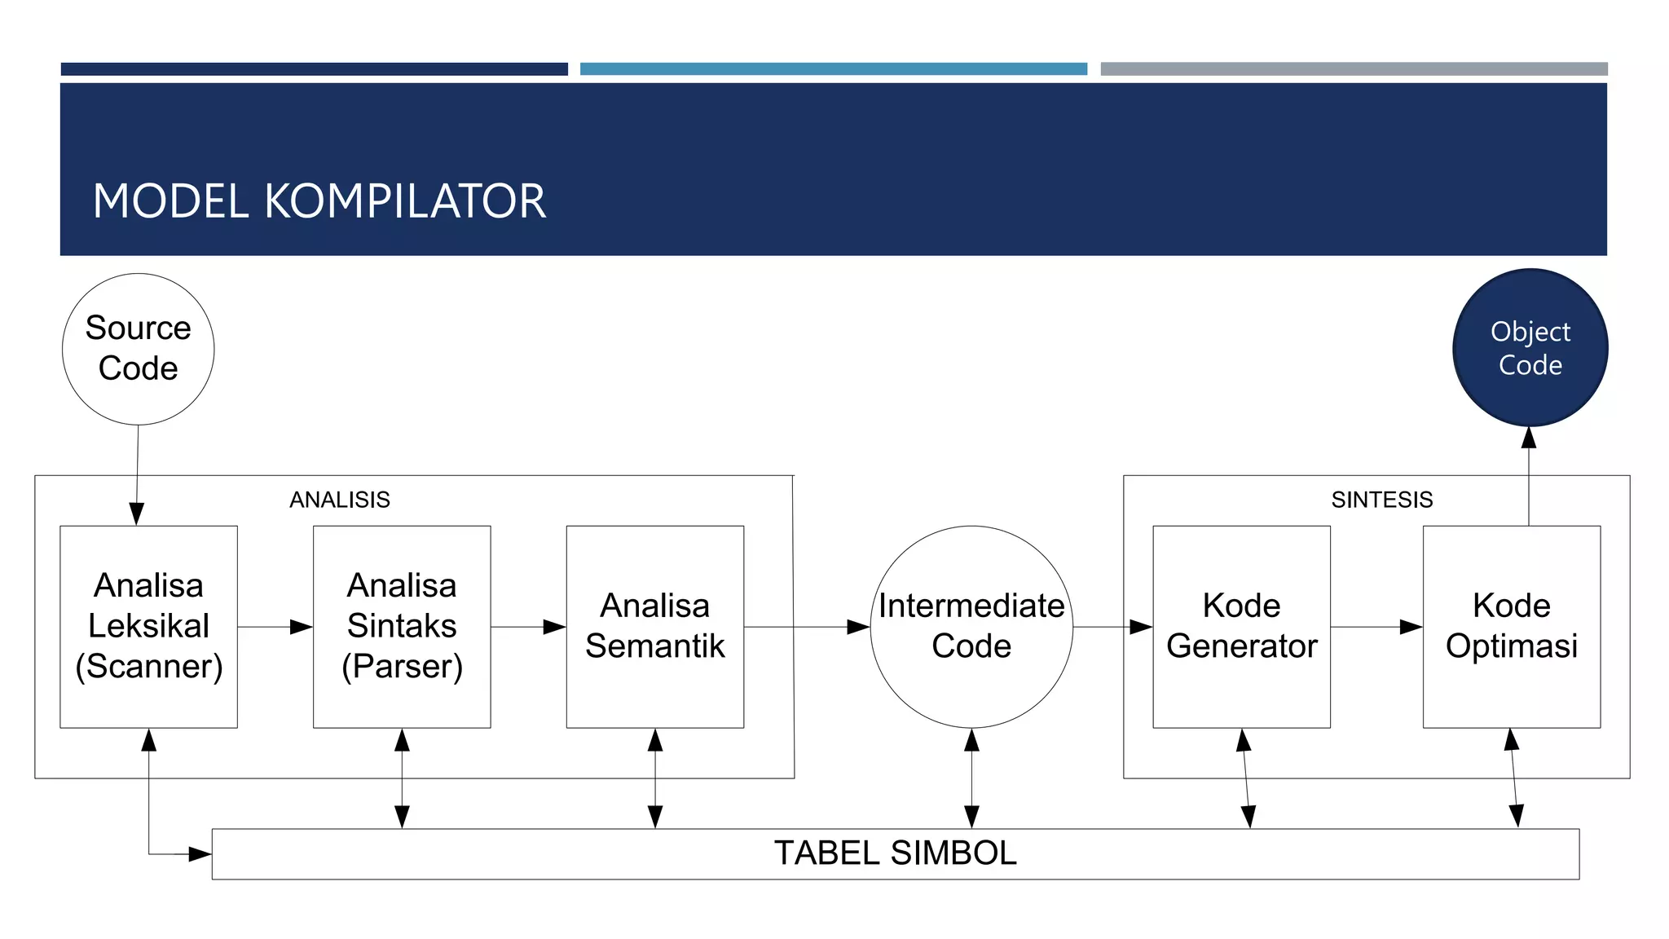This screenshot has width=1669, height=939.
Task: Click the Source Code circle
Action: point(138,349)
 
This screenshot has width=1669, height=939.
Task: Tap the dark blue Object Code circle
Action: point(1530,348)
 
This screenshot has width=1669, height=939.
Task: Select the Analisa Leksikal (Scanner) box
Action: point(148,626)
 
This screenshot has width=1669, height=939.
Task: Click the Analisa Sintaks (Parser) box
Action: point(402,626)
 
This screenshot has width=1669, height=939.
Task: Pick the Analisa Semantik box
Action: point(654,626)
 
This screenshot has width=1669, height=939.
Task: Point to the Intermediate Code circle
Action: point(971,626)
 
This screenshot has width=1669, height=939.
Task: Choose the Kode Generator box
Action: point(1241,626)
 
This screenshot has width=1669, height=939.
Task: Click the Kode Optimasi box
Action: point(1511,626)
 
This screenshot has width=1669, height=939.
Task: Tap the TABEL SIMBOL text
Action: point(895,853)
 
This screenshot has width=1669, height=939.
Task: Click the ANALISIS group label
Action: point(340,500)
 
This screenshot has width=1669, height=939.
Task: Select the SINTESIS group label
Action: point(1381,500)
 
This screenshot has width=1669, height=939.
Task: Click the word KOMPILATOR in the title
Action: point(405,201)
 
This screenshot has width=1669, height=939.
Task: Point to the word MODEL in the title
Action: point(170,201)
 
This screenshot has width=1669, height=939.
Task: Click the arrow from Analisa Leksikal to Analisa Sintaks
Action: point(275,627)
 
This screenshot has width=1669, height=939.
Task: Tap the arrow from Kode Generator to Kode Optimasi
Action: point(1376,627)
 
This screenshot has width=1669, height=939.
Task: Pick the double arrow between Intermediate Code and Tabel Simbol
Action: point(971,778)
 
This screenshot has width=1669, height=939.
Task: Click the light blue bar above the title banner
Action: point(833,69)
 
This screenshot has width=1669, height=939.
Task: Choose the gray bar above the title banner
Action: point(1354,69)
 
